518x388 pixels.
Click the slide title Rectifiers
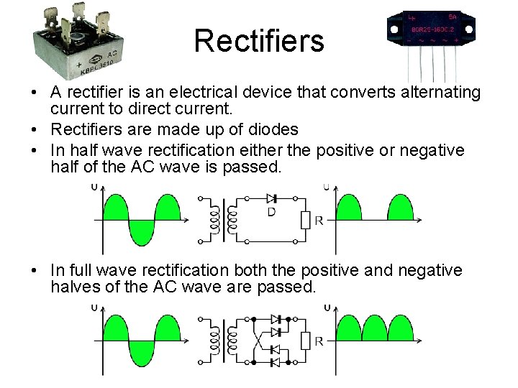259,41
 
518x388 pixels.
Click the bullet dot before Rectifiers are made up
35,130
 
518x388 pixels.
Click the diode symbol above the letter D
272,198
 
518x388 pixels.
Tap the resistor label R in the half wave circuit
319,220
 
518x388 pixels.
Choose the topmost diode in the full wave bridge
275,318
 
